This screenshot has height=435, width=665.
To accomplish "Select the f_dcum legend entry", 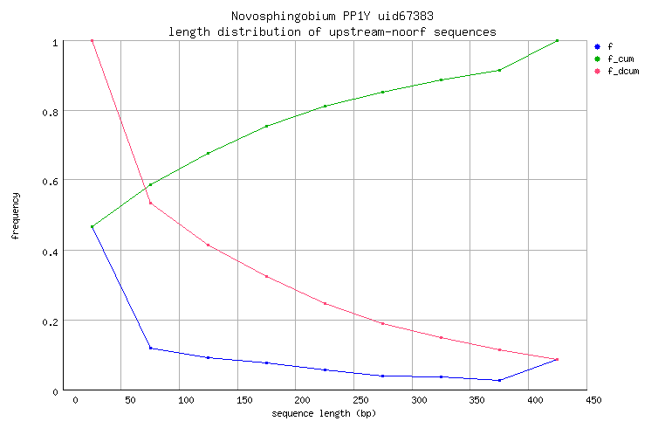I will pyautogui.click(x=622, y=71).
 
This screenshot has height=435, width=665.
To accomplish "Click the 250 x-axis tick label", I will pyautogui.click(x=353, y=401).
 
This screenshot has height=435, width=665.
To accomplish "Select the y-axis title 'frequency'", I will pyautogui.click(x=16, y=216).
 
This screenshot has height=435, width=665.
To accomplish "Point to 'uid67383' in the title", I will pyautogui.click(x=388, y=17).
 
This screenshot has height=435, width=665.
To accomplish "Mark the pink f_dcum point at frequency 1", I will pyautogui.click(x=92, y=40).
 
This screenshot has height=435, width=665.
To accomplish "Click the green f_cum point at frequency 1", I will pyautogui.click(x=557, y=40).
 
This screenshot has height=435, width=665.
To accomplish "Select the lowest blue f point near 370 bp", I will pyautogui.click(x=499, y=380).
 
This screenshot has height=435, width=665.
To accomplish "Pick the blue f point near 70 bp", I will pyautogui.click(x=150, y=349).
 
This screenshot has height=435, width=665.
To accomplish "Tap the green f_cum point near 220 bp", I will pyautogui.click(x=325, y=107).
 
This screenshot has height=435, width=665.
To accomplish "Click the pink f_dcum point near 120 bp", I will pyautogui.click(x=208, y=245).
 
